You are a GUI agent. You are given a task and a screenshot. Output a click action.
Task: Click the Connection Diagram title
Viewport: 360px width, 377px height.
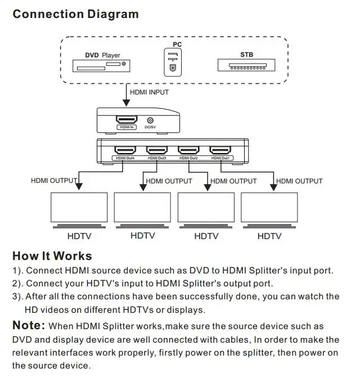[x=75, y=14]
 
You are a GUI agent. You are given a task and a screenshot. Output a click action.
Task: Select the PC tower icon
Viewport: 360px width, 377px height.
[x=173, y=62]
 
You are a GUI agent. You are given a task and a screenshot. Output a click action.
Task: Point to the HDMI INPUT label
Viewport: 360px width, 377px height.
[x=149, y=92]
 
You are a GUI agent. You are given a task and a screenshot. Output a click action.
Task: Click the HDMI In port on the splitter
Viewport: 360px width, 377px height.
[x=127, y=121]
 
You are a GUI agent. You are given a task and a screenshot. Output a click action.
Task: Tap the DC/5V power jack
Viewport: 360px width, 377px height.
[x=150, y=120]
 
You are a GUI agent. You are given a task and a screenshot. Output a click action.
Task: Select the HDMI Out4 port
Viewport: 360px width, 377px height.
[x=125, y=151]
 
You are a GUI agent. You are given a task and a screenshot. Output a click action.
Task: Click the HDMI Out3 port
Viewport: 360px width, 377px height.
[x=156, y=151]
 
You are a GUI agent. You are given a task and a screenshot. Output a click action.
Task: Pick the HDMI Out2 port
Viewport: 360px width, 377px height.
[x=188, y=151]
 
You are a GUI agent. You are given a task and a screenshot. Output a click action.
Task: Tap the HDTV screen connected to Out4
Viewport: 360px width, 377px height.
[x=79, y=208]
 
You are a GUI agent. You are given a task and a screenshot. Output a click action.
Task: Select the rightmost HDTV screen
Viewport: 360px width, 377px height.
[x=269, y=208]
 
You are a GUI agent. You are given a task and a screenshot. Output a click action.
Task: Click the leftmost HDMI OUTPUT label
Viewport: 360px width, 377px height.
[x=53, y=181]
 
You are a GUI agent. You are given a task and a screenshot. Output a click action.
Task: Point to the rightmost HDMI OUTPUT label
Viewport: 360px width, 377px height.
[x=300, y=181]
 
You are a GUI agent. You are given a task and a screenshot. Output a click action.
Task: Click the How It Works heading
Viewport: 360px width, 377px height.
[x=52, y=257]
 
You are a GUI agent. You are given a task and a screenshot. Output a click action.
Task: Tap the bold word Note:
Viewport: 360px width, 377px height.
[x=29, y=325]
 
